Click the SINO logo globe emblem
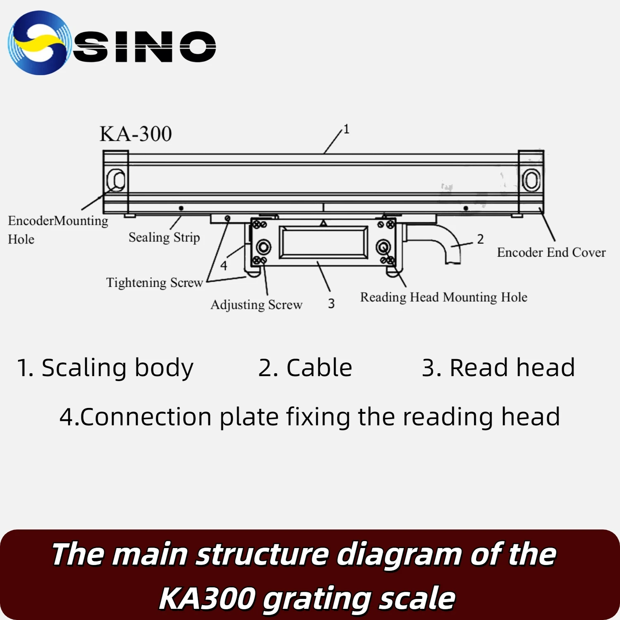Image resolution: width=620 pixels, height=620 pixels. (x=39, y=43)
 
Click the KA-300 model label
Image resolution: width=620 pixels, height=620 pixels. (x=136, y=134)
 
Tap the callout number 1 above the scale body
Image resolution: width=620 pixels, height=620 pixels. (x=346, y=129)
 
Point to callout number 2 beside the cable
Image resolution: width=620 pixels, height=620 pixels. (x=480, y=239)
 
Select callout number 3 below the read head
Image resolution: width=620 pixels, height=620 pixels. (x=331, y=304)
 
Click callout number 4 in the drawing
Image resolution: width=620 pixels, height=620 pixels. (x=224, y=265)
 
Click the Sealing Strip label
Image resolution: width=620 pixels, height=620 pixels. (x=164, y=237)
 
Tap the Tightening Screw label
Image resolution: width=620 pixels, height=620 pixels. (x=155, y=283)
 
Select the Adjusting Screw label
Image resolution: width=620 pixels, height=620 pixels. (x=256, y=305)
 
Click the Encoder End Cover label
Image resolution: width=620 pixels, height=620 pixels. (x=551, y=252)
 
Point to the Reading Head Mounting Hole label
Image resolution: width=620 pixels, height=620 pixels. (x=444, y=297)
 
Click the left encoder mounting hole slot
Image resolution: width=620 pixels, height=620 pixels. (x=116, y=180)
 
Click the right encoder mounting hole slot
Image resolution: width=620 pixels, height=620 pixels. (x=531, y=180)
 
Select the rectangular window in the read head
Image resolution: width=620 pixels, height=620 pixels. (x=324, y=242)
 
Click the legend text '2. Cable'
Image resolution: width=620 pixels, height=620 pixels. (x=305, y=367)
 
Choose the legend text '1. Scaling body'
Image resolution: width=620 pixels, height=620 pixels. (x=105, y=367)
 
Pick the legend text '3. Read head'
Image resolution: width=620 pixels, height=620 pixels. (x=498, y=367)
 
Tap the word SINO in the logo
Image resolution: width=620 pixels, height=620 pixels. (x=145, y=46)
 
